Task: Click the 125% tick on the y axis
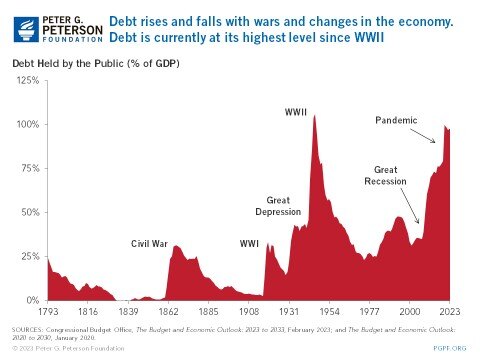[29, 80]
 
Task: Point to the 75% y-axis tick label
[31, 168]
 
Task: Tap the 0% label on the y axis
[33, 300]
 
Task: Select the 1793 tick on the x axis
[48, 311]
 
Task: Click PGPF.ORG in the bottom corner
[450, 348]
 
